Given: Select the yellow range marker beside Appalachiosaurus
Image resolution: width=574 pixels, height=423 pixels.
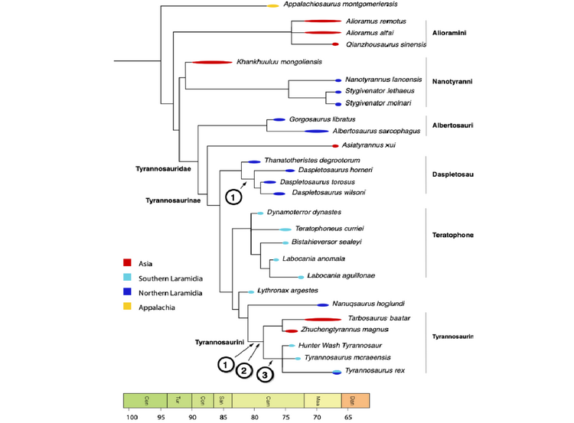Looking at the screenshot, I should pyautogui.click(x=272, y=6).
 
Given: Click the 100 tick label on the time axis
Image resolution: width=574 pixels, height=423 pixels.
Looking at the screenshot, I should pyautogui.click(x=132, y=417).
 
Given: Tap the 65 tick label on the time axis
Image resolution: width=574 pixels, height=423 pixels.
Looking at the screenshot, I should pyautogui.click(x=349, y=417).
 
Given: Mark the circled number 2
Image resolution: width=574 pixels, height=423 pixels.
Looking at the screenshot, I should pyautogui.click(x=243, y=371).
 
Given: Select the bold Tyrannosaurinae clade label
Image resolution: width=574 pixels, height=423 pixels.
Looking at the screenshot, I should pyautogui.click(x=173, y=200).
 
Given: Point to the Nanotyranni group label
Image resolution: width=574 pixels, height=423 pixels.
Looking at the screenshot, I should pyautogui.click(x=454, y=80).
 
